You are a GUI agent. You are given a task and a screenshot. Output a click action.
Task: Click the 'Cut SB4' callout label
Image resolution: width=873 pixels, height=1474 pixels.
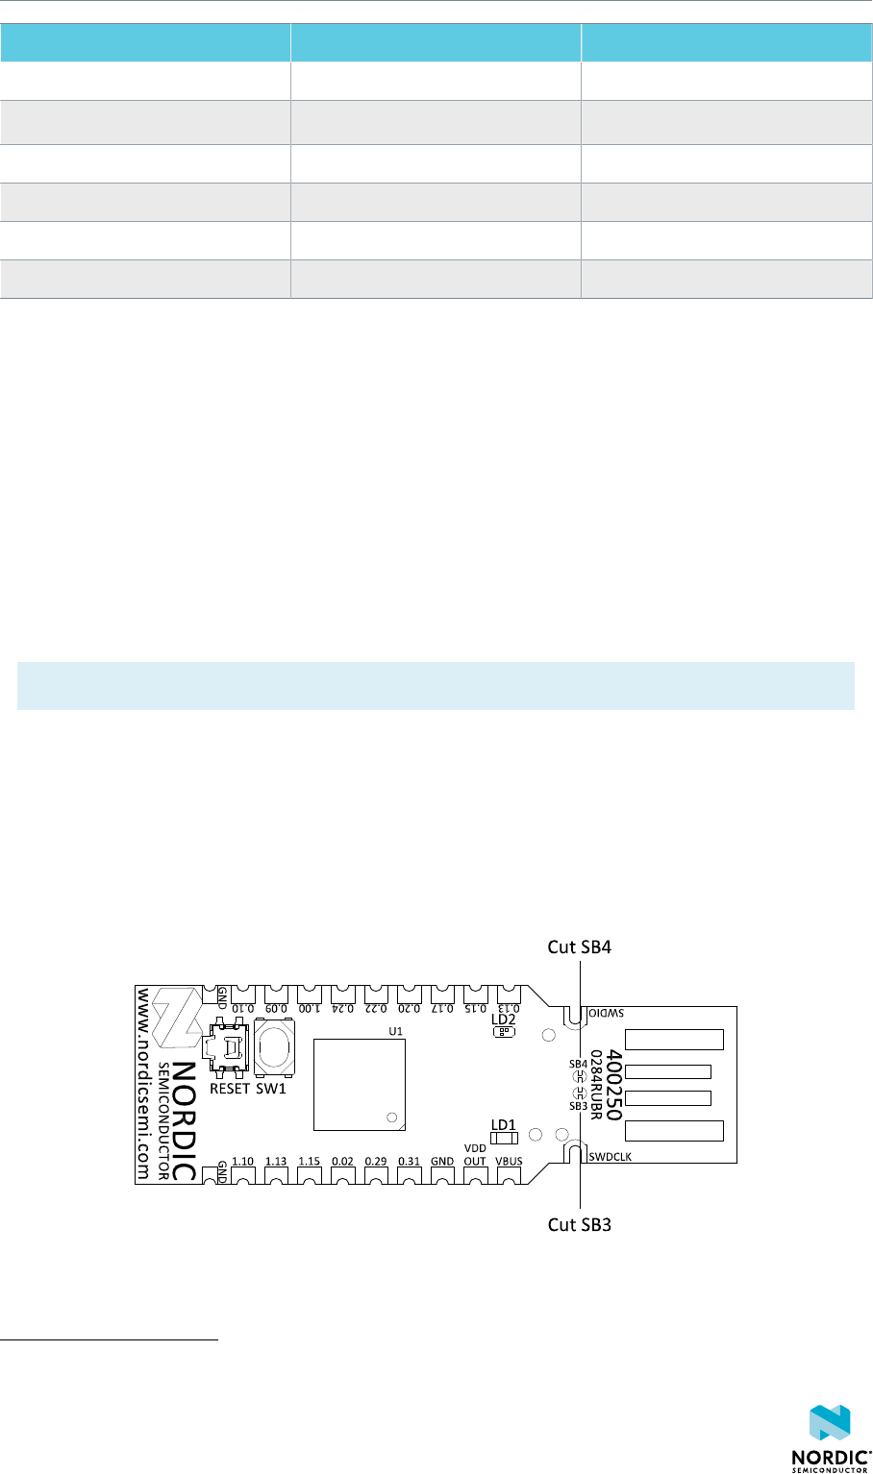[579, 946]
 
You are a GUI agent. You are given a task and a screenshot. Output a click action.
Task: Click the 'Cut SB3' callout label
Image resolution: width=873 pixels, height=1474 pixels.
[580, 1225]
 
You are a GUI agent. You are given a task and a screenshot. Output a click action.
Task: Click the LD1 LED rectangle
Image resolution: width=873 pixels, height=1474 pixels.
[504, 1139]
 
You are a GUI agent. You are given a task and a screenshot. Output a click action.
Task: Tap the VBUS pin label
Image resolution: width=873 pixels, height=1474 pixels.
[509, 1161]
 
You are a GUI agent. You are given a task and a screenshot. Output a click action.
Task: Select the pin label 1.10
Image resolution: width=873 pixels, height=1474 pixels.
[243, 1161]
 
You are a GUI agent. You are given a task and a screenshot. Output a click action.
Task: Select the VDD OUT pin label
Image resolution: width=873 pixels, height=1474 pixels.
[475, 1154]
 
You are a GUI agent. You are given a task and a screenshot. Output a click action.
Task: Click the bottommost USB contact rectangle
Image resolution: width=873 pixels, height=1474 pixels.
[674, 1130]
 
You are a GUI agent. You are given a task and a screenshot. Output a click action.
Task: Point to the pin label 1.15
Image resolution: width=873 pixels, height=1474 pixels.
[309, 1161]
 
